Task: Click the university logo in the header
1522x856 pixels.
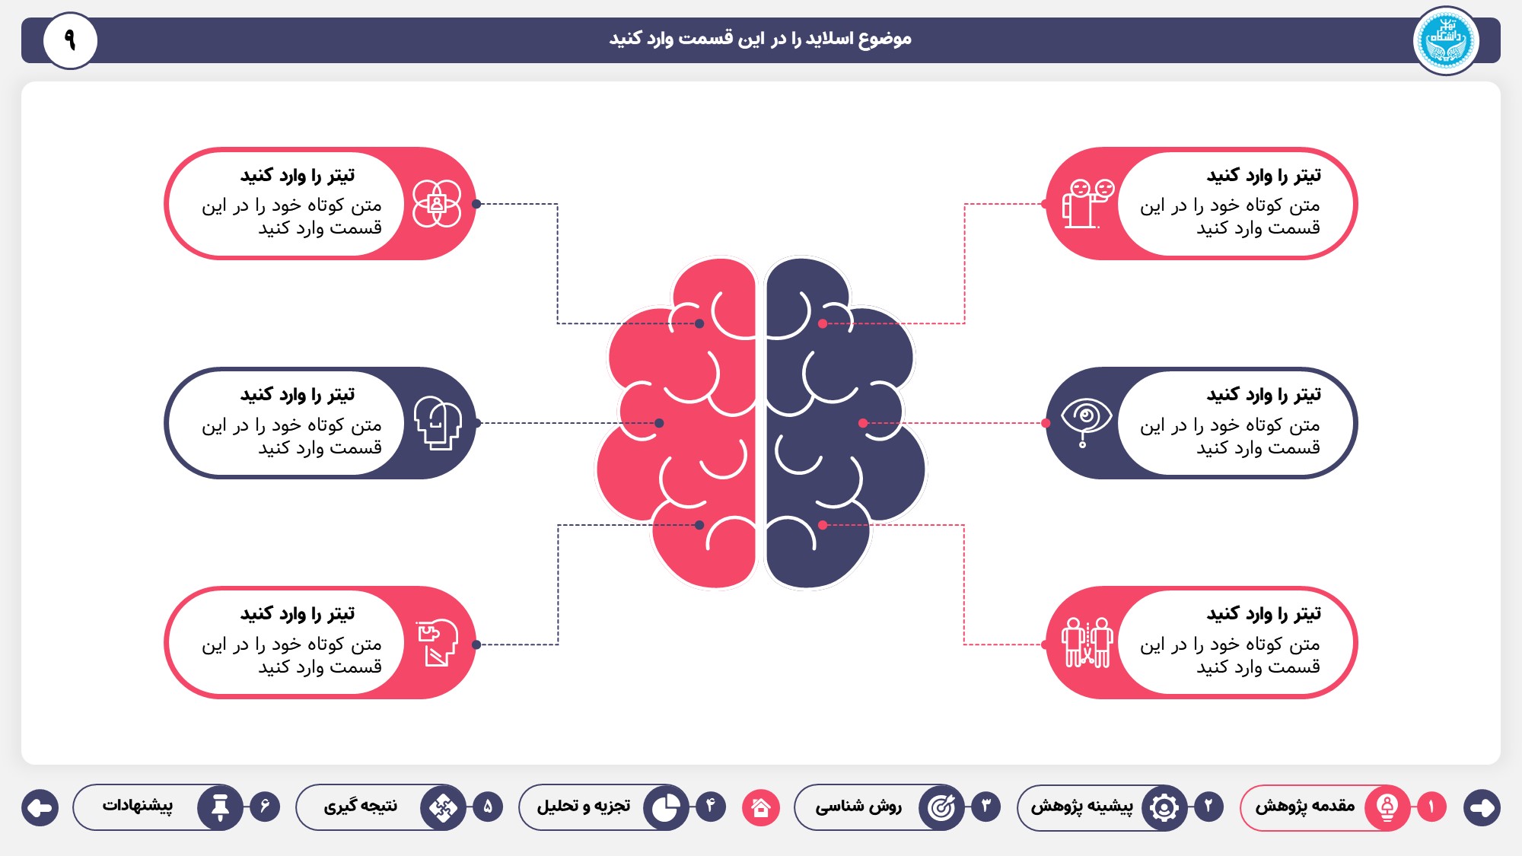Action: [x=1446, y=40]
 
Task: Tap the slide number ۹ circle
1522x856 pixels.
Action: [x=70, y=40]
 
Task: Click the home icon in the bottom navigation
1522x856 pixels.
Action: [x=761, y=807]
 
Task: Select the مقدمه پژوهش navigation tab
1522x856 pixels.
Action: [x=1325, y=807]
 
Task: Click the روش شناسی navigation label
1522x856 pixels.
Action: [x=858, y=807]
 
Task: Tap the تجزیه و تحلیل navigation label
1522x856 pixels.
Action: [x=584, y=806]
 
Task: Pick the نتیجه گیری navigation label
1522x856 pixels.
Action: [x=361, y=807]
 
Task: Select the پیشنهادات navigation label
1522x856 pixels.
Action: [x=138, y=806]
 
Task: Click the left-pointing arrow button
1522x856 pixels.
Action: [x=40, y=807]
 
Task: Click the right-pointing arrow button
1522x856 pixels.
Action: [x=1482, y=807]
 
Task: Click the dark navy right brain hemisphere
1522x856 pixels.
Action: [x=845, y=423]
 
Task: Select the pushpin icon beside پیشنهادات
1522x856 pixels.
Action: [x=220, y=807]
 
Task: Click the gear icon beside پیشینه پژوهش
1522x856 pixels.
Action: [x=1164, y=807]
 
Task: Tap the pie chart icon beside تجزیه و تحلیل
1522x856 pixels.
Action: [x=666, y=807]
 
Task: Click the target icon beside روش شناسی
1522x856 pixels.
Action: [x=941, y=807]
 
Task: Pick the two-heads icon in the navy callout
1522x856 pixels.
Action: [x=438, y=423]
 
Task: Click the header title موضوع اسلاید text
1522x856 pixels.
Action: [x=760, y=39]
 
